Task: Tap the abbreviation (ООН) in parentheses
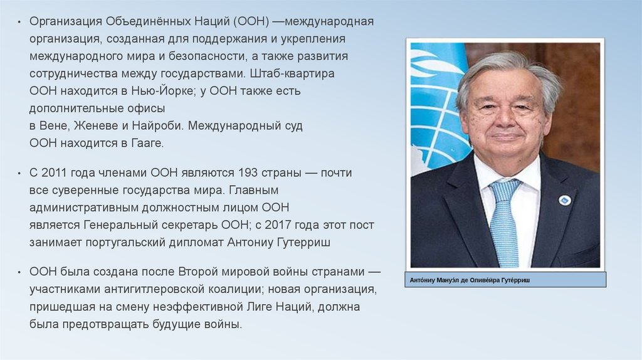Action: click(252, 22)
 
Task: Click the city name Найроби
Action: click(159, 125)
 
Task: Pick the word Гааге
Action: click(147, 144)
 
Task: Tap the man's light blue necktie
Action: click(505, 220)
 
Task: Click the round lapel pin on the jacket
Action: click(564, 200)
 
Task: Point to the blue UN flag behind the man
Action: click(436, 100)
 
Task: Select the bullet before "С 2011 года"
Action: click(20, 173)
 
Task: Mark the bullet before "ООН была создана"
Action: click(20, 273)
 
